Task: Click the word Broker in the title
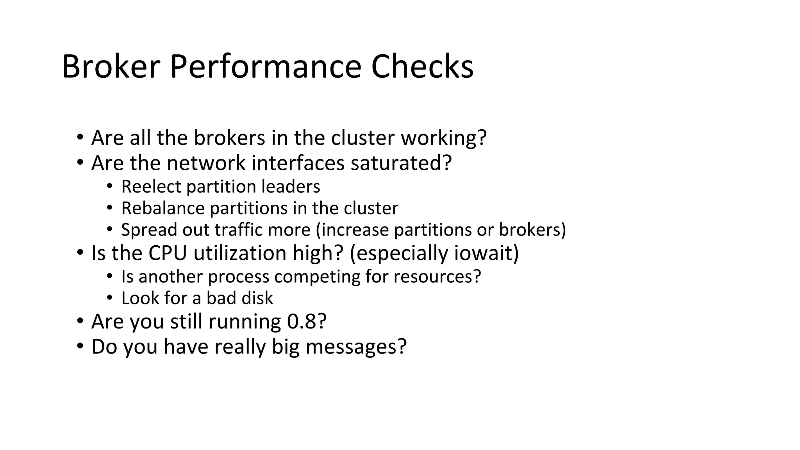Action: pos(111,66)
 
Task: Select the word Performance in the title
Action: pos(265,66)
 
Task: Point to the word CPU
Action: pos(168,253)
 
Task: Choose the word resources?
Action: pos(437,277)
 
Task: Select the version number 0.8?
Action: pos(307,322)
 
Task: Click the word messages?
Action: pos(356,347)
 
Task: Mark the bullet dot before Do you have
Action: pos(80,346)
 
